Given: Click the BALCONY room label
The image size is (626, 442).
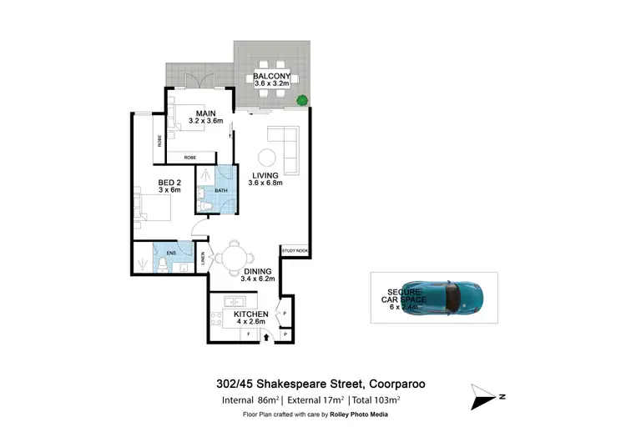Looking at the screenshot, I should pyautogui.click(x=271, y=76).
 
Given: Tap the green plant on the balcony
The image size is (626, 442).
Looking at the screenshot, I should pyautogui.click(x=301, y=101).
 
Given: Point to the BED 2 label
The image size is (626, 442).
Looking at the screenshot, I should pyautogui.click(x=169, y=183).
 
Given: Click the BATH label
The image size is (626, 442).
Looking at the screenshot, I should pyautogui.click(x=220, y=191).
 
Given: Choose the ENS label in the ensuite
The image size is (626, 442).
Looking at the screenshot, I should pyautogui.click(x=171, y=251).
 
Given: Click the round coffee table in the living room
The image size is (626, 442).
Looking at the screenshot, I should pyautogui.click(x=266, y=157).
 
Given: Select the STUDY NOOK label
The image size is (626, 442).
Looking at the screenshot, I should pyautogui.click(x=295, y=250).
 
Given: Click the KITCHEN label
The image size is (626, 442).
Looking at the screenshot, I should pyautogui.click(x=250, y=314).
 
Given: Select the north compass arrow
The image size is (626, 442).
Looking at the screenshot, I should pyautogui.click(x=487, y=396).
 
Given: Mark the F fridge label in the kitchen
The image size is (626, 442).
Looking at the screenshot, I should pyautogui.click(x=249, y=335).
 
